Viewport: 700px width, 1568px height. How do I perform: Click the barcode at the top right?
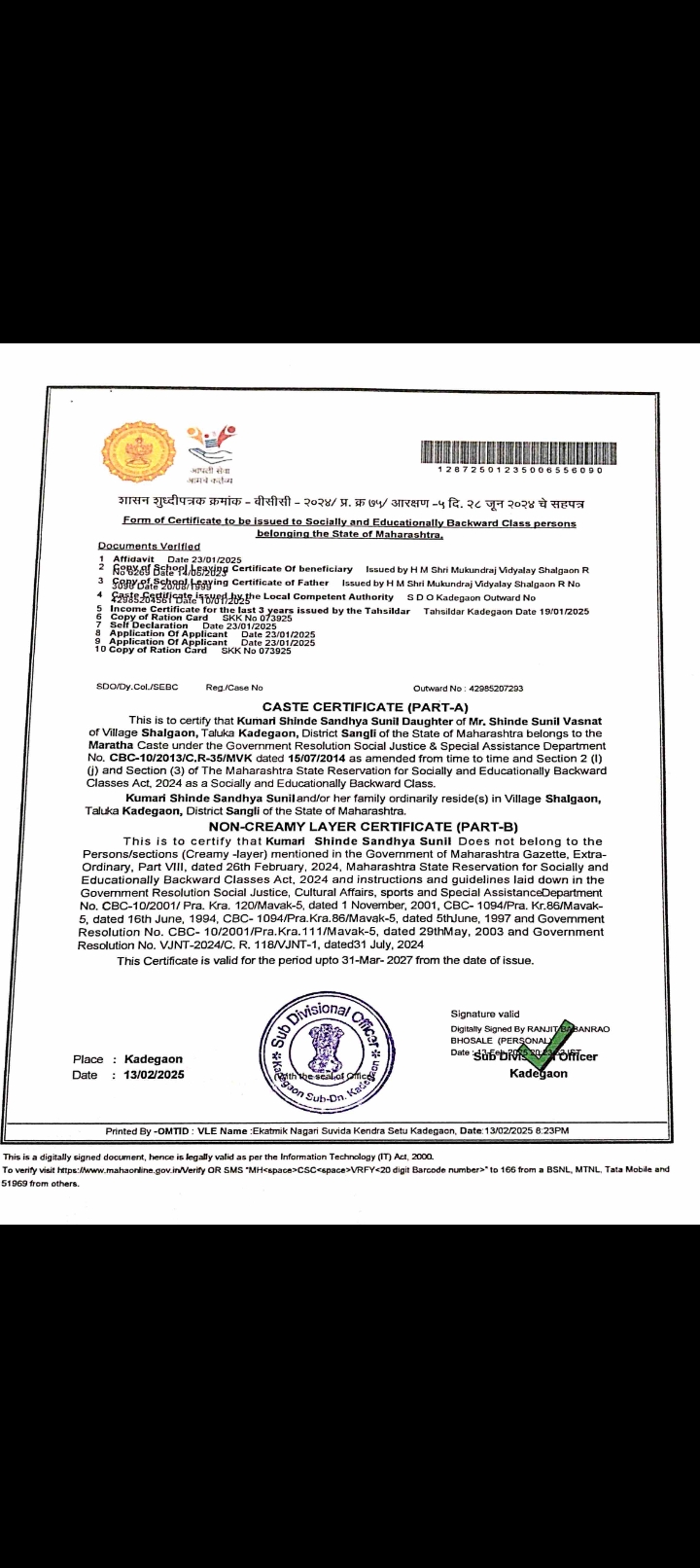511,450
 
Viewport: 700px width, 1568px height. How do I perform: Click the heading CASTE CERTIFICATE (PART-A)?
366,706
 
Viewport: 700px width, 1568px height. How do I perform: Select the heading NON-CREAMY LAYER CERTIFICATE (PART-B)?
364,827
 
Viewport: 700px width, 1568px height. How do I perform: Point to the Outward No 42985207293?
468,689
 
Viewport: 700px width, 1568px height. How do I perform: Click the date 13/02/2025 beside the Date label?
147,1075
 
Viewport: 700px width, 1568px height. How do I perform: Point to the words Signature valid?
485,1014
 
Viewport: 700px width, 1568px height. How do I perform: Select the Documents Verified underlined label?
149,547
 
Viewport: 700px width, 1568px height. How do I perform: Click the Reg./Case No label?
234,689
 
